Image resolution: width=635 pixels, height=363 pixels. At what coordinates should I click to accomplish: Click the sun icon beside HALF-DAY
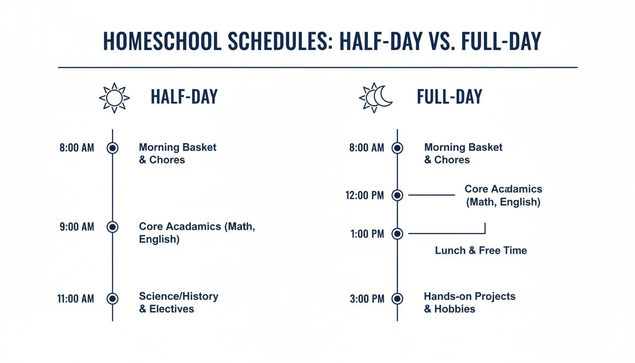pyautogui.click(x=114, y=98)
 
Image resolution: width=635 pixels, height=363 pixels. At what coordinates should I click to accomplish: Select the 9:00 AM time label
pyautogui.click(x=77, y=227)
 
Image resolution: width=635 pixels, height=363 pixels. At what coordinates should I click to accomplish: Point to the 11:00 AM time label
pyautogui.click(x=76, y=299)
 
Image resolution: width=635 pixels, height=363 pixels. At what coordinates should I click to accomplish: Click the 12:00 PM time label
pyautogui.click(x=365, y=195)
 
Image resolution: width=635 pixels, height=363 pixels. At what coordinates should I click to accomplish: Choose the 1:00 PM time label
pyautogui.click(x=367, y=233)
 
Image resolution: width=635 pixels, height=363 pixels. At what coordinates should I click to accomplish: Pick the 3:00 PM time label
pyautogui.click(x=367, y=299)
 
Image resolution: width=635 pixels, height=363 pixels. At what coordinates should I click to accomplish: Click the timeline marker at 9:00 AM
pyautogui.click(x=112, y=227)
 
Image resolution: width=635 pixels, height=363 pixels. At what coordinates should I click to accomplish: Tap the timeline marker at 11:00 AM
pyautogui.click(x=112, y=299)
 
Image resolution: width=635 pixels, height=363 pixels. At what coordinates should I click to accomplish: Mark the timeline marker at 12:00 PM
pyautogui.click(x=397, y=195)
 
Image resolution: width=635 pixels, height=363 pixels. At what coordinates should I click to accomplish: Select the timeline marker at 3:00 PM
pyautogui.click(x=397, y=299)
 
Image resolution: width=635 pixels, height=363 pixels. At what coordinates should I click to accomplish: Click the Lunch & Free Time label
pyautogui.click(x=481, y=251)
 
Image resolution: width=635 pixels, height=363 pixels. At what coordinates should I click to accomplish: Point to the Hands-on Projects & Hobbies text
pyautogui.click(x=469, y=302)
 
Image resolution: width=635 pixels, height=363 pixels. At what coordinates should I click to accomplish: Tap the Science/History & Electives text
pyautogui.click(x=178, y=302)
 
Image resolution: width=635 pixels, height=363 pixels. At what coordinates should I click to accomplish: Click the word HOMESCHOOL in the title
pyautogui.click(x=162, y=42)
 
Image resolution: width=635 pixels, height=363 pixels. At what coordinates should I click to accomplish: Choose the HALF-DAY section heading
pyautogui.click(x=184, y=97)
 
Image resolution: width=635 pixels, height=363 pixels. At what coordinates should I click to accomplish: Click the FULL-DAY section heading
pyautogui.click(x=449, y=97)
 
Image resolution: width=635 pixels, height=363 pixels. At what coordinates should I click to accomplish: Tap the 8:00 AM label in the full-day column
pyautogui.click(x=367, y=148)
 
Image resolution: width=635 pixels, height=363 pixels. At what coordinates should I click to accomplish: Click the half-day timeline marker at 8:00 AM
pyautogui.click(x=112, y=148)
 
